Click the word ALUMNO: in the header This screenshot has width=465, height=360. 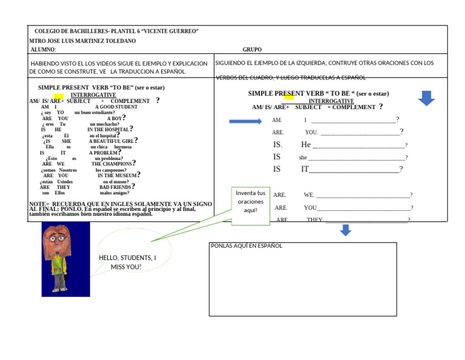point(43,50)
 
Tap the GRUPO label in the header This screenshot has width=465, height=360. point(252,50)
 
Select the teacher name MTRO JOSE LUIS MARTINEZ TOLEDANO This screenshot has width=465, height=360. point(82,41)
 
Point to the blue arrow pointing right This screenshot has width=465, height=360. point(245,121)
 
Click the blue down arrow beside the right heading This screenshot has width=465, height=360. point(426,98)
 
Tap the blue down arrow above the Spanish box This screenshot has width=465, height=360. point(345,230)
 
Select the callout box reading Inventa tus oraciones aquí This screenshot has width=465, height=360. point(250,202)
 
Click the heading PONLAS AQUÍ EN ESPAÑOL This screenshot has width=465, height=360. point(246,246)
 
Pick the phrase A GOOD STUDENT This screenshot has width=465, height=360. point(116,107)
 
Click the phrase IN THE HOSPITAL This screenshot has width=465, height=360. point(108,130)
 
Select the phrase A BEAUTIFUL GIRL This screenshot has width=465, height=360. point(111,141)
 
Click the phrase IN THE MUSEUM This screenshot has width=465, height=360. point(117,176)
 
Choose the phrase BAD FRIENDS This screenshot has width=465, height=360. point(115,187)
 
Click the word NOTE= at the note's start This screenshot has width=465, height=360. point(39,204)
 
